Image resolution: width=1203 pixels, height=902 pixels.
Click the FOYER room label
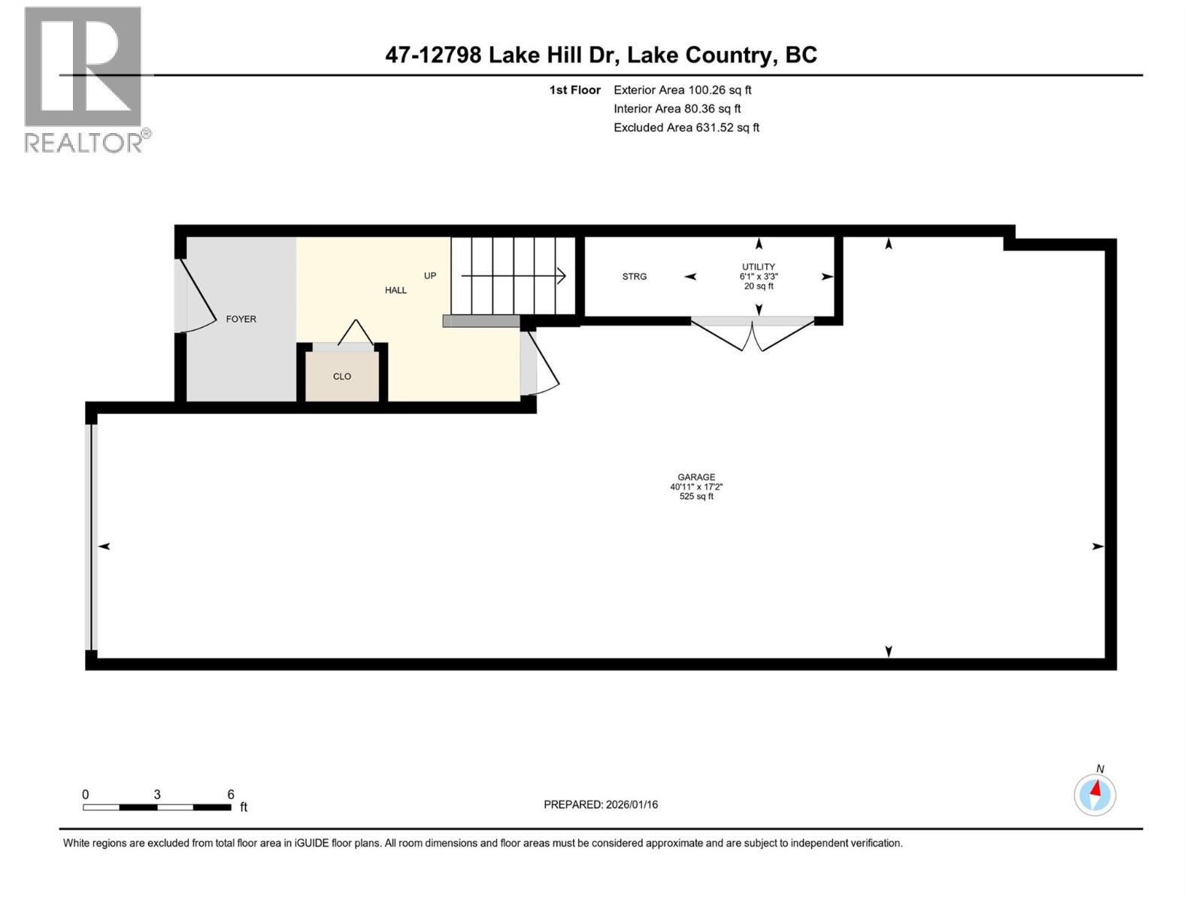241,319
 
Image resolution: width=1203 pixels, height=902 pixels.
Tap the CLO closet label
342,377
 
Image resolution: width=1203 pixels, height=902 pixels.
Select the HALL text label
395,290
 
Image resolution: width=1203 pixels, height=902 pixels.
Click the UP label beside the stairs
430,276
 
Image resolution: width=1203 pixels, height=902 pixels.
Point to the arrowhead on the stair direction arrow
562,276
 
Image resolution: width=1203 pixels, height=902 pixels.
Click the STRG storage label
634,277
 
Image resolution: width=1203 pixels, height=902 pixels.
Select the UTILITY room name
758,267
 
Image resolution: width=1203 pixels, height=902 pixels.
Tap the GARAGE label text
696,477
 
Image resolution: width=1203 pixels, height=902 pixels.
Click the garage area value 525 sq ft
696,497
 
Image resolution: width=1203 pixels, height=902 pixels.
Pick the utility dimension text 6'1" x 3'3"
758,277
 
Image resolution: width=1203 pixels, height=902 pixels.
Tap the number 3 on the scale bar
157,795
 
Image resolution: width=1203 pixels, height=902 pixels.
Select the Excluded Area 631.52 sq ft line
686,128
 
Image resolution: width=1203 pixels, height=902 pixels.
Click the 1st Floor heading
574,90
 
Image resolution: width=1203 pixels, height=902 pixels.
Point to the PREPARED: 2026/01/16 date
601,804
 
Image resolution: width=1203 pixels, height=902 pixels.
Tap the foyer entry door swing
197,301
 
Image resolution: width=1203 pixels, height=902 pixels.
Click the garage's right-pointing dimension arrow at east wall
1098,546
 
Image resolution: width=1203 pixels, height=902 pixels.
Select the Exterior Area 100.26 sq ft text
682,90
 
